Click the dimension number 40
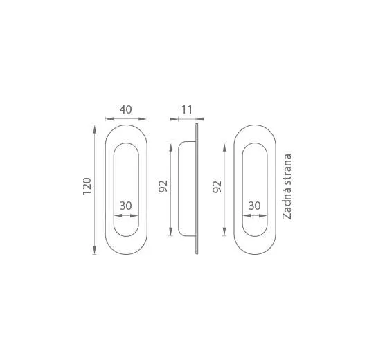click(x=125, y=109)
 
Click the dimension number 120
click(x=87, y=186)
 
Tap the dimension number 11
click(x=187, y=110)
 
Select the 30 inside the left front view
click(x=126, y=206)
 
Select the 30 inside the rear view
click(x=254, y=206)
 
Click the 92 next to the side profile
click(x=163, y=186)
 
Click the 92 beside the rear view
click(x=217, y=187)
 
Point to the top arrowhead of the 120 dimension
click(x=95, y=129)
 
